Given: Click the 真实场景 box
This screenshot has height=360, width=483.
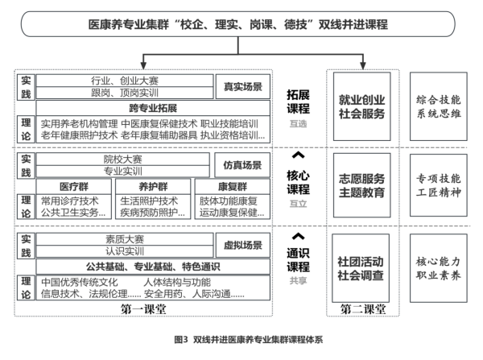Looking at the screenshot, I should (x=239, y=85).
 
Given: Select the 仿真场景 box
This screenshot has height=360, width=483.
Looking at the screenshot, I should (x=239, y=165).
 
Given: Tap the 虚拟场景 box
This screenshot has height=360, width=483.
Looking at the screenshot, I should (x=239, y=245).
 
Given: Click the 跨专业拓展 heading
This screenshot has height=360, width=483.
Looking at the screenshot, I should (x=151, y=106).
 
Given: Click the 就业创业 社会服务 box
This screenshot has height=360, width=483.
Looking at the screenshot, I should (x=361, y=107).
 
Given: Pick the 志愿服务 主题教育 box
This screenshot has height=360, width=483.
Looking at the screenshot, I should (x=361, y=185).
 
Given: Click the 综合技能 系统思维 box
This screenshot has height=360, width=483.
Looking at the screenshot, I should (x=438, y=107).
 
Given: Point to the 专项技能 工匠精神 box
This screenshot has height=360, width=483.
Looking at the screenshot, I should (x=438, y=185).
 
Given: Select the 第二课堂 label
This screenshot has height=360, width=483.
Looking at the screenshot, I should (x=361, y=308).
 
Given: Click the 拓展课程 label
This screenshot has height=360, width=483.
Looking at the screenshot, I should (x=298, y=101).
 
